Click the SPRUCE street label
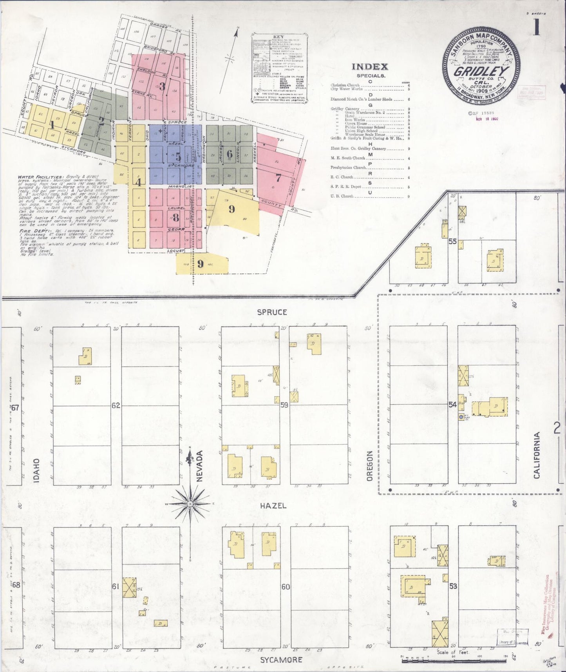point(272,312)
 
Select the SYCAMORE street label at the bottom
point(281,660)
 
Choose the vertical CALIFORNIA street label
point(537,455)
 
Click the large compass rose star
point(190,503)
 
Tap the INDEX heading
point(369,67)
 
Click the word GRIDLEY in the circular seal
point(481,71)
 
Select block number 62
point(115,405)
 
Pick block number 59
point(284,405)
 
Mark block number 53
point(453,587)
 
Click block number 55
point(452,242)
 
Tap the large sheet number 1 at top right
point(536,27)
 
